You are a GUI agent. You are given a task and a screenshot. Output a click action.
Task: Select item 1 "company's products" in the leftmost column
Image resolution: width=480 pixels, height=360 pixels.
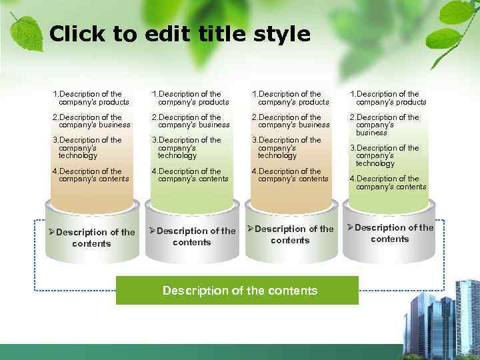click(x=90, y=98)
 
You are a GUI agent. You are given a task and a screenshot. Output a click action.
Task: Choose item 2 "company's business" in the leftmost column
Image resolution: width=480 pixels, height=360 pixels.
click(x=91, y=121)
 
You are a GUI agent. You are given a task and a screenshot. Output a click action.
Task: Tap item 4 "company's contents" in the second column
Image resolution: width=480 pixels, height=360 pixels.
click(x=190, y=175)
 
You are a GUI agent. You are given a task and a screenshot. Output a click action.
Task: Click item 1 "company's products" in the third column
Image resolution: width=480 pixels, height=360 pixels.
click(x=290, y=98)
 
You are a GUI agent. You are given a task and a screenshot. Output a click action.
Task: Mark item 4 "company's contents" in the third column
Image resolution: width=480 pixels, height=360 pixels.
click(x=290, y=175)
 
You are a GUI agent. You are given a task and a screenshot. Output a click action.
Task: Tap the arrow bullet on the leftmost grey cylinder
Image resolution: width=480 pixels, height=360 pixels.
click(x=51, y=232)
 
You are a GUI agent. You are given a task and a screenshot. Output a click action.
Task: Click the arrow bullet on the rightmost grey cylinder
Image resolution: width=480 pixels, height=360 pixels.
click(x=350, y=228)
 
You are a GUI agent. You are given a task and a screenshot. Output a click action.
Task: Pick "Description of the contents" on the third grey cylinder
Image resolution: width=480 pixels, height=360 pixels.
click(x=291, y=234)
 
